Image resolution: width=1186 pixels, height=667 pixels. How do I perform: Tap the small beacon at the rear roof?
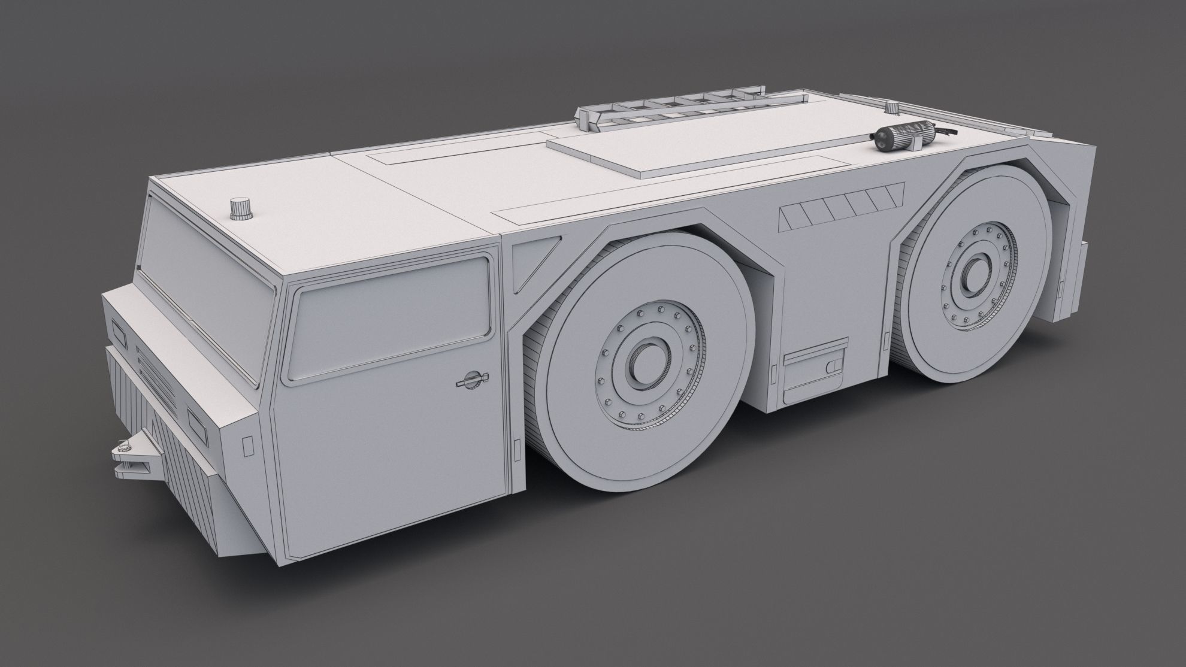coord(893,108)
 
